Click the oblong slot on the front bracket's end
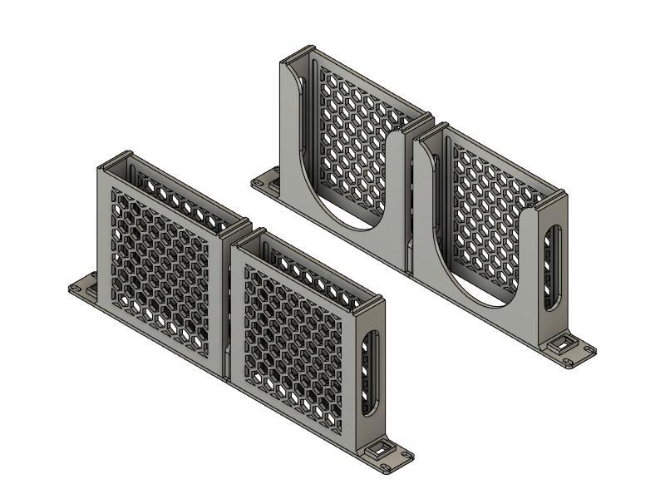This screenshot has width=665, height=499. (x=372, y=373)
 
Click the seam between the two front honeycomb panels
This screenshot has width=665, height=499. (x=229, y=308)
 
